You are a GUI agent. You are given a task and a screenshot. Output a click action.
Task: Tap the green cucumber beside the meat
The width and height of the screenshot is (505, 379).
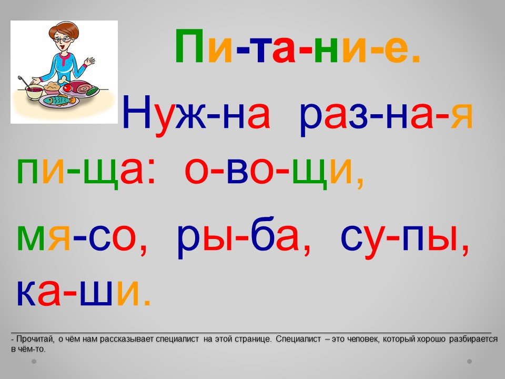click(93, 91)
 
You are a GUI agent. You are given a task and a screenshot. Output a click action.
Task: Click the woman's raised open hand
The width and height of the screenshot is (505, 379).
click(89, 61)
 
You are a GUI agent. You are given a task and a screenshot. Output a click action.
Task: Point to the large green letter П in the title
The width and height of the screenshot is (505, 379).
click(189, 46)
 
